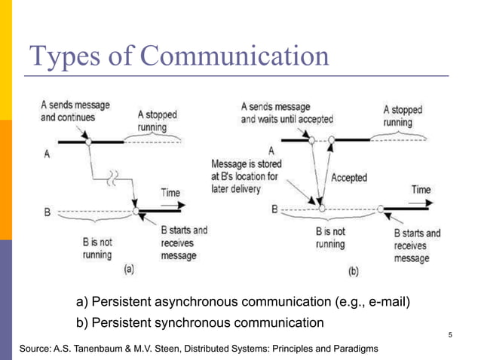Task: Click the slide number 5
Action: pos(450,335)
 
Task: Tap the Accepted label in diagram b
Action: pos(348,178)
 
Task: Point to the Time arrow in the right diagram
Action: pos(421,200)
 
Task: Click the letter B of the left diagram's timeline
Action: pos(47,212)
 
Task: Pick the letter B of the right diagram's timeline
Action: pos(276,207)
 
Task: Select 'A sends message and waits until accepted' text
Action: pos(286,113)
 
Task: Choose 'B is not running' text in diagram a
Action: pos(97,248)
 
